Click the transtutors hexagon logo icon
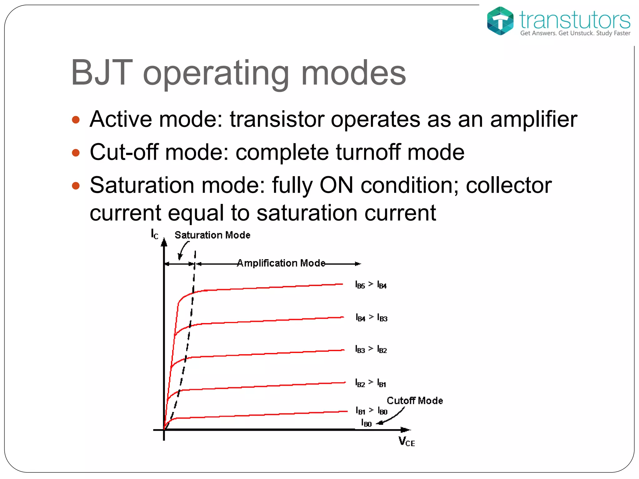500,21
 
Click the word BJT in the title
102,73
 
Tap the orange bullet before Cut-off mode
76,153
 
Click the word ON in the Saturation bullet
337,185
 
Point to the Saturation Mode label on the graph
212,235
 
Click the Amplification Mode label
281,263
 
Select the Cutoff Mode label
415,401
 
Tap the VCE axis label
407,442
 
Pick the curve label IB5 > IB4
371,285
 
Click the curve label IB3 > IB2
371,349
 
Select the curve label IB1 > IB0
371,411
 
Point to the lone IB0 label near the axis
366,423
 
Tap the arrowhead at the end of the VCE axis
406,430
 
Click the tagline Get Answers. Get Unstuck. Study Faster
575,33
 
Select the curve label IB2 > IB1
371,383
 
